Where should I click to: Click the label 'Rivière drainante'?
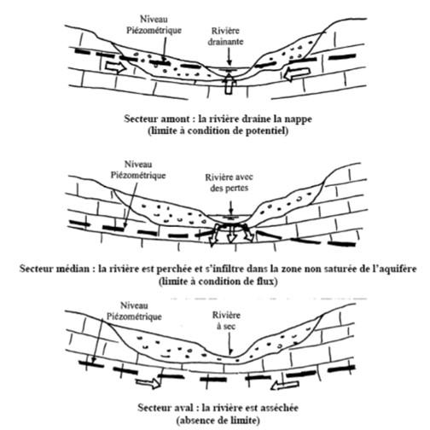pyautogui.click(x=225, y=36)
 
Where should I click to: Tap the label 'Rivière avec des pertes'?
pyautogui.click(x=229, y=183)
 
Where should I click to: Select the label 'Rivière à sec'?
pyautogui.click(x=226, y=321)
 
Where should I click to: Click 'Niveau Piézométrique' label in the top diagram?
pyautogui.click(x=154, y=25)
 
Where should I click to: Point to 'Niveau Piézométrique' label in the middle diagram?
pyautogui.click(x=138, y=170)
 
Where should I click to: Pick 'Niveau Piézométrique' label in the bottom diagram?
pyautogui.click(x=134, y=311)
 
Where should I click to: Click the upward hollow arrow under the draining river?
pyautogui.click(x=230, y=84)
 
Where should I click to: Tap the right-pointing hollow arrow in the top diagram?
pyautogui.click(x=116, y=67)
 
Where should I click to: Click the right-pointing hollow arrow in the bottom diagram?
pyautogui.click(x=148, y=382)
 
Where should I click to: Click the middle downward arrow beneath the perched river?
pyautogui.click(x=232, y=234)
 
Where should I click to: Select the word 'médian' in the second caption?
pyautogui.click(x=73, y=269)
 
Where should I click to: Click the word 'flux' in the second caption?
pyautogui.click(x=266, y=282)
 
